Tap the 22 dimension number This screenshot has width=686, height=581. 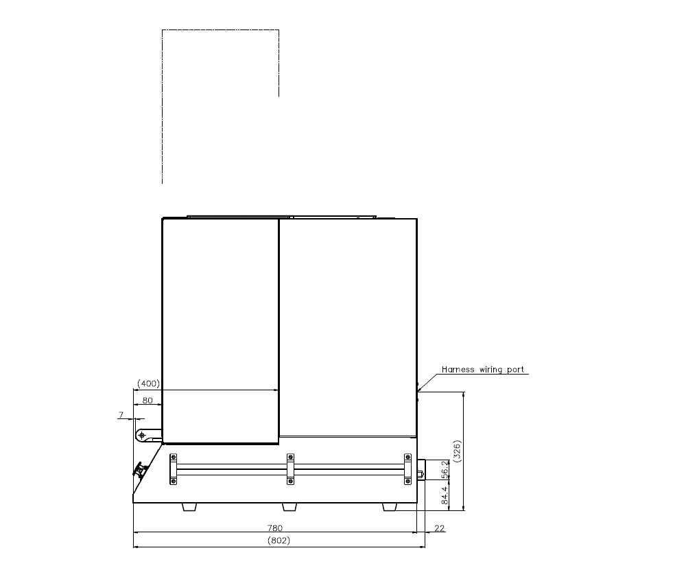(440, 528)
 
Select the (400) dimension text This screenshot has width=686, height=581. (148, 383)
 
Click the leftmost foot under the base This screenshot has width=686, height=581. (189, 507)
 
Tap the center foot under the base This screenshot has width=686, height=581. (289, 507)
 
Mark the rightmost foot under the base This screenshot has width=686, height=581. (390, 507)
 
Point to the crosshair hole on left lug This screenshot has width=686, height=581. (142, 435)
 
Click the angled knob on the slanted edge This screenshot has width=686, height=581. (141, 471)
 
